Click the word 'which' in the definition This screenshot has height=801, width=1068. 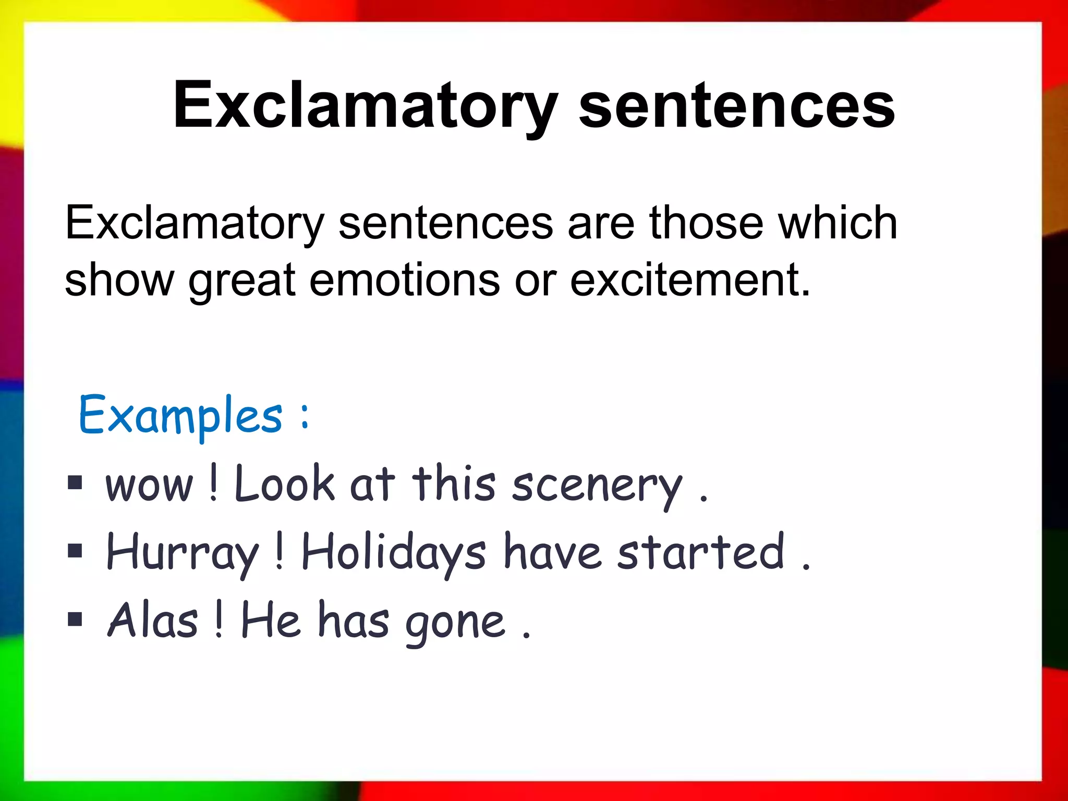(838, 223)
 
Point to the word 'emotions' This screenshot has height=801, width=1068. (404, 281)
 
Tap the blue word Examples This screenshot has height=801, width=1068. (180, 416)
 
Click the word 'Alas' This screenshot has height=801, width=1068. (153, 621)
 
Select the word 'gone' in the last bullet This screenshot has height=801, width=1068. (455, 623)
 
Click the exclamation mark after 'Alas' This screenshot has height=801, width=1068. (219, 620)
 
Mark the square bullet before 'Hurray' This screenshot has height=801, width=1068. (75, 551)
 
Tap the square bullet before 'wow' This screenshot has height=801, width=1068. (75, 483)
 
